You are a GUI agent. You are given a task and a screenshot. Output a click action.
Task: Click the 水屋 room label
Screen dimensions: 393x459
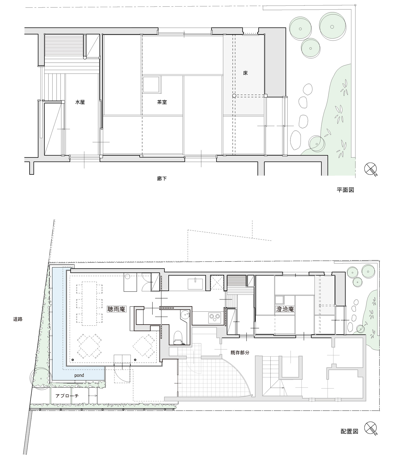tap(80, 102)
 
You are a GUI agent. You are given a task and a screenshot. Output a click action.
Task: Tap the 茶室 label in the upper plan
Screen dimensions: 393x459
tap(162, 102)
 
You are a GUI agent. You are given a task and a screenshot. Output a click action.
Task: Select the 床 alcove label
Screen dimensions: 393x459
tap(245, 73)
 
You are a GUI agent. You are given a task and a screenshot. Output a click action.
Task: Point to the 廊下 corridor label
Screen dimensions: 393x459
tap(162, 179)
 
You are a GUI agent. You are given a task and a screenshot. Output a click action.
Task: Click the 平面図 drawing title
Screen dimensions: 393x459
tap(345, 190)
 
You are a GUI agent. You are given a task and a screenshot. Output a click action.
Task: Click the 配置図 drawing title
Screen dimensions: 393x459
tap(349, 431)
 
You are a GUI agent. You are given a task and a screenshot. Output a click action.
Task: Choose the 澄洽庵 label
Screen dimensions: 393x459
tap(285, 309)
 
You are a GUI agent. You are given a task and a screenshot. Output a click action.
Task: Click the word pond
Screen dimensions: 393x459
tap(79, 375)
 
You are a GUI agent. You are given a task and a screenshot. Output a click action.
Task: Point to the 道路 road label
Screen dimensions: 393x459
tap(18, 319)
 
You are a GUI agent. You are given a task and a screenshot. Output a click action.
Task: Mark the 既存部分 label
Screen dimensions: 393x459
tap(240, 353)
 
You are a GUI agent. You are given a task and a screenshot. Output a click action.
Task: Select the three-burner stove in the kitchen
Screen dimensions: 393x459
tap(215, 318)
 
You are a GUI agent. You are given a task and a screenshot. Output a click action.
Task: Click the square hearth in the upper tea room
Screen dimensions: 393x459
tap(151, 84)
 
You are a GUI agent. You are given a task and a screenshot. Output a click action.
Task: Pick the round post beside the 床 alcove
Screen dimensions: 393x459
tap(234, 96)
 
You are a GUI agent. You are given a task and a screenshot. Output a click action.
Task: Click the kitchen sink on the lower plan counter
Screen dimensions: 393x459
tap(195, 283)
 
